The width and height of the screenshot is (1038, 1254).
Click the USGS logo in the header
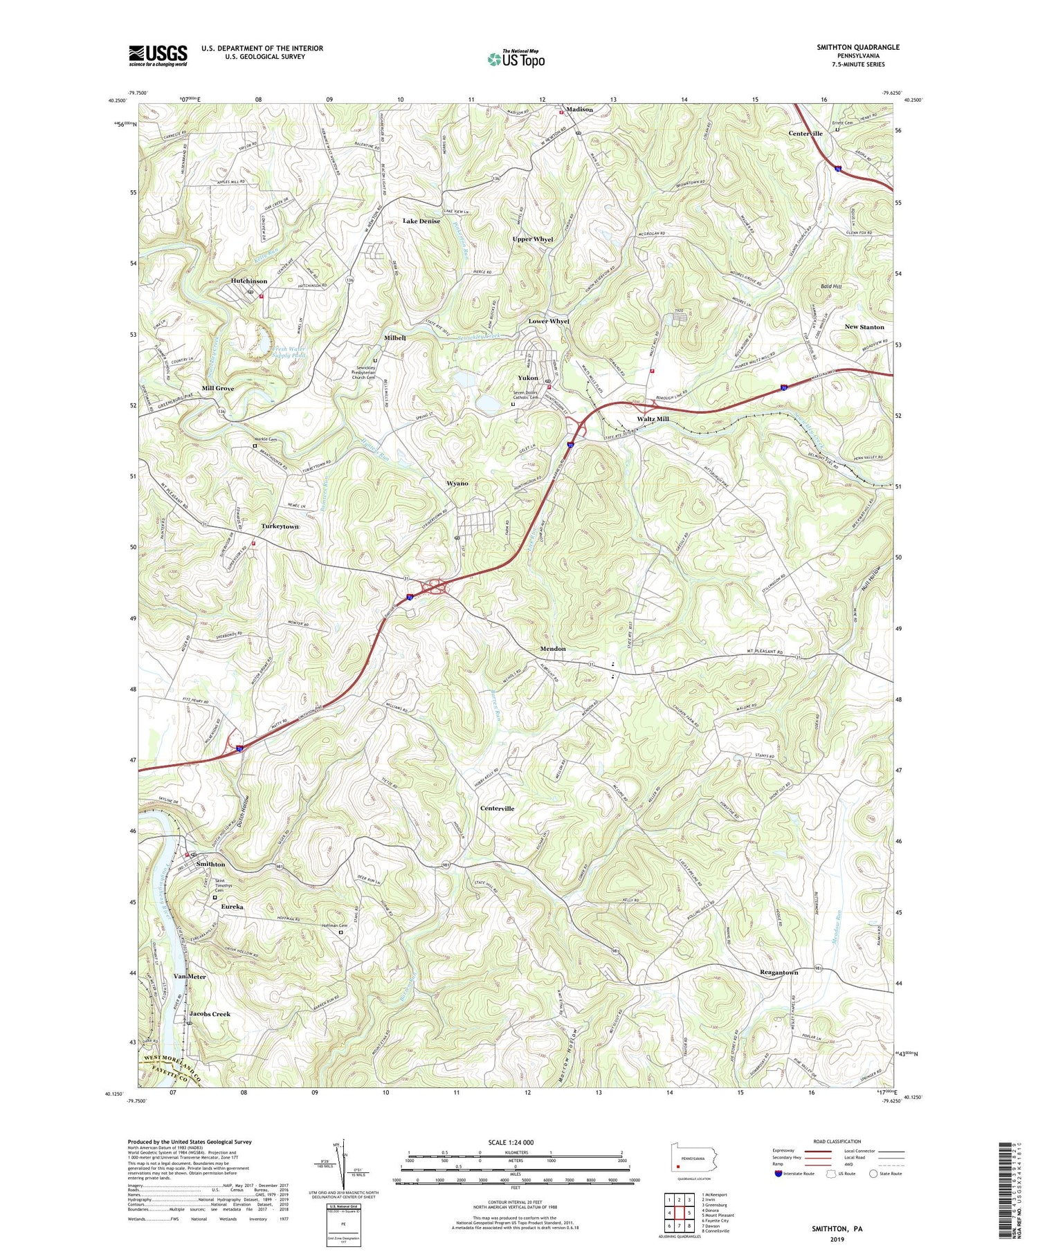point(158,55)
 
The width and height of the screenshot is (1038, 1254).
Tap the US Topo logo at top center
point(516,59)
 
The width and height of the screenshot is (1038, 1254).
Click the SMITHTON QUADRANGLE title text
point(857,47)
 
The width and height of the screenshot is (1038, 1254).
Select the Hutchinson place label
point(248,282)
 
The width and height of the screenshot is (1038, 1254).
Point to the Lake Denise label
point(421,221)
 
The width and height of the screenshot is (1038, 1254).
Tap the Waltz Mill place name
point(653,419)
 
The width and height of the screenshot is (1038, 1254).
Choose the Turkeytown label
point(280,526)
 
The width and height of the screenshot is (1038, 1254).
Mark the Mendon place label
point(552,649)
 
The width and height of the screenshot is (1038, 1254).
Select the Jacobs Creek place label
point(210,1014)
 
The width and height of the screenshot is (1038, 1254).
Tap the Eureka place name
point(233,906)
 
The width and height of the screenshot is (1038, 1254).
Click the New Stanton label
point(864,326)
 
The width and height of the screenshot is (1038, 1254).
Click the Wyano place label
point(457,483)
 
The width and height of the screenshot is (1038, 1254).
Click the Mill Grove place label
point(218,389)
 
